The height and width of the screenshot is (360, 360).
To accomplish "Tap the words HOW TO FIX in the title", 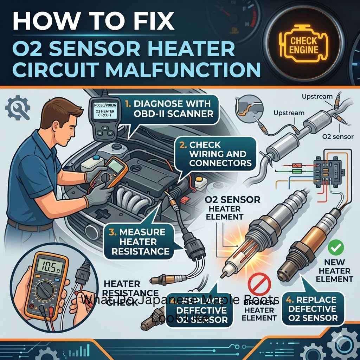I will [93, 22].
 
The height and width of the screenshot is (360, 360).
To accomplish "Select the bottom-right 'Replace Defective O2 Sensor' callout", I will [313, 309].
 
